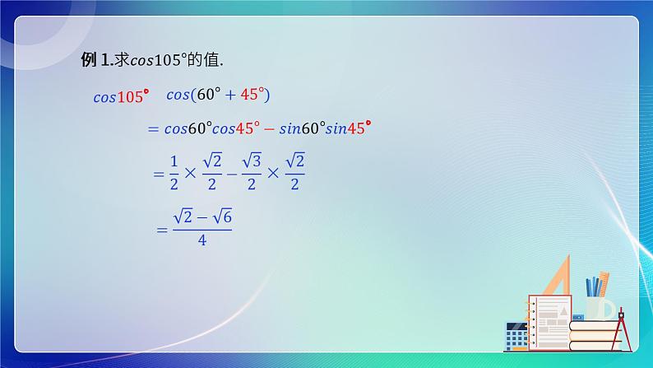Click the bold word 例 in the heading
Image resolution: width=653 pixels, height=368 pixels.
[x=88, y=60]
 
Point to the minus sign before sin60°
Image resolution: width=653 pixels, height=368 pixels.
[x=266, y=128]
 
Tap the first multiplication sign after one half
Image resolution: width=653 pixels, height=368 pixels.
[x=191, y=174]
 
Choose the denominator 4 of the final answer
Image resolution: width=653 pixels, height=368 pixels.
[x=201, y=241]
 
